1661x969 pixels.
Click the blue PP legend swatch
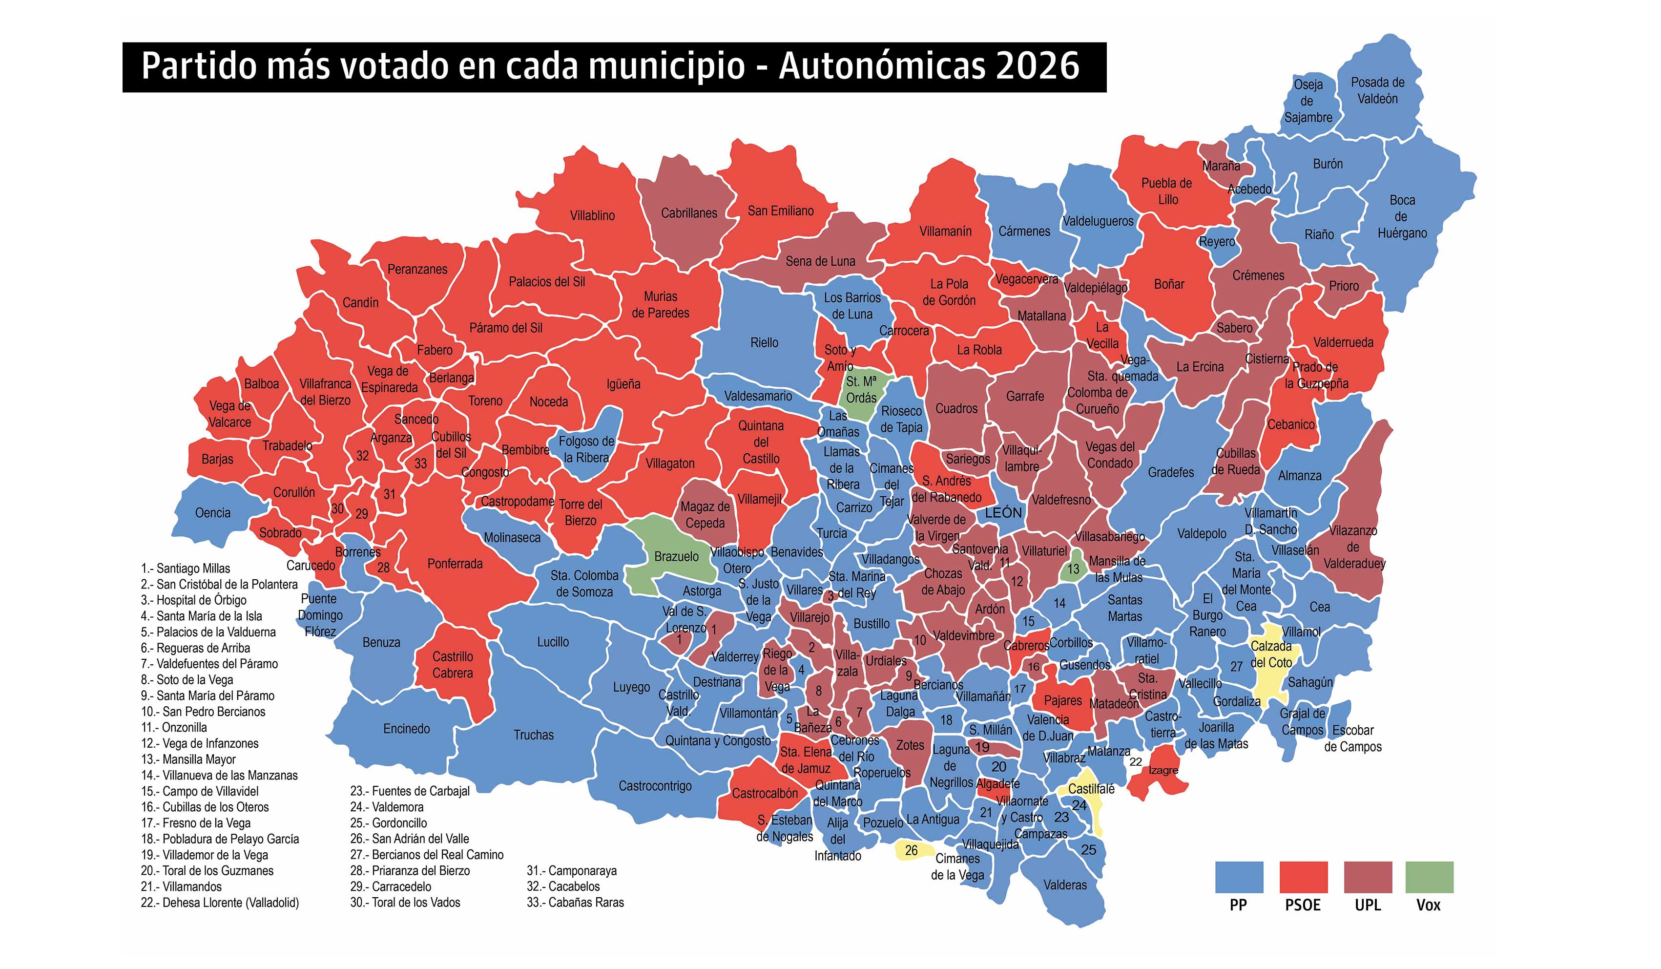(x=1239, y=877)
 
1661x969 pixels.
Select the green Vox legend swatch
(x=1429, y=877)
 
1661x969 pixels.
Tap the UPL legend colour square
(x=1368, y=877)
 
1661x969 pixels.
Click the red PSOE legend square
(x=1303, y=877)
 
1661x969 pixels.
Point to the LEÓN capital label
(x=1003, y=513)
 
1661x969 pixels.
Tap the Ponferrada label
(x=455, y=564)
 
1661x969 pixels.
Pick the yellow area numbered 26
(x=912, y=850)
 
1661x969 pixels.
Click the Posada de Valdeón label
(x=1378, y=90)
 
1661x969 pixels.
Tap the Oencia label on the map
(x=212, y=513)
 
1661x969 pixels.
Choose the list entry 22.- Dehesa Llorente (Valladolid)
(x=220, y=903)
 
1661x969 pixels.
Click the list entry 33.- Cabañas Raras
(x=575, y=903)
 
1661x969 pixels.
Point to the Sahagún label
(x=1309, y=682)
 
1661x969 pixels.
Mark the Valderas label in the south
(x=1064, y=885)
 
